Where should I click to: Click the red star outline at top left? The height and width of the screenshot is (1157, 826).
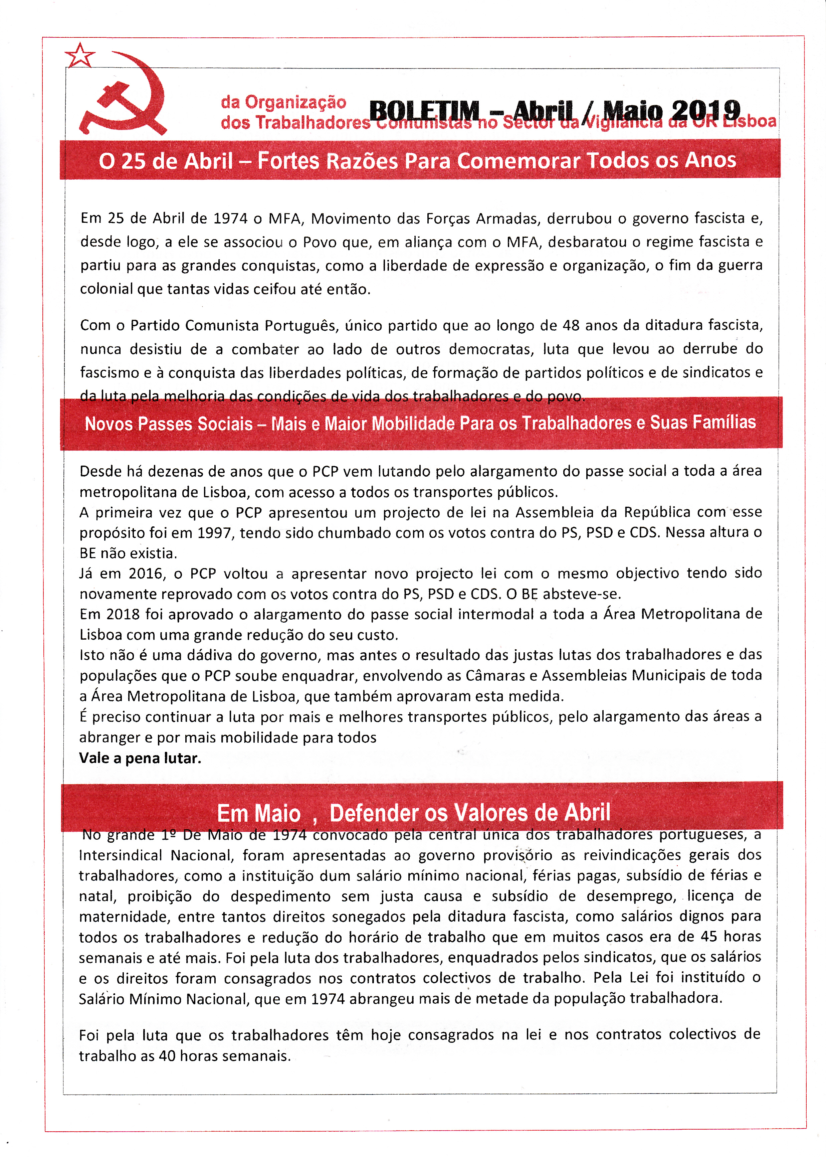pyautogui.click(x=80, y=56)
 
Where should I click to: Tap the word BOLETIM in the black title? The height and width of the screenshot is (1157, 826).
pyautogui.click(x=424, y=111)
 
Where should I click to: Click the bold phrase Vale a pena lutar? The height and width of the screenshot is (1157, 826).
pyautogui.click(x=140, y=758)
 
